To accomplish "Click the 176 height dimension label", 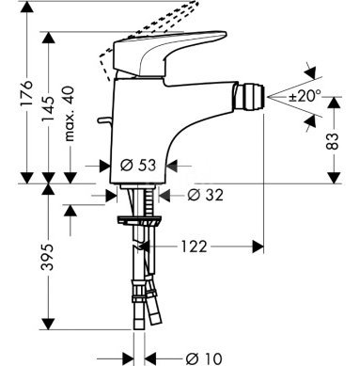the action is click(26, 93).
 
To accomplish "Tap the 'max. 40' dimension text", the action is click(70, 114).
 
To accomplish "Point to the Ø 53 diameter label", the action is click(138, 165).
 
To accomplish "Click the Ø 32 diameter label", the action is click(206, 196).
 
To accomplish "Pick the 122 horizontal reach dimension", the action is click(194, 247).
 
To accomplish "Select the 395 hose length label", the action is click(48, 257).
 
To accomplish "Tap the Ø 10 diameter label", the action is click(203, 358).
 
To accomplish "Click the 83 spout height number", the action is click(334, 141).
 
